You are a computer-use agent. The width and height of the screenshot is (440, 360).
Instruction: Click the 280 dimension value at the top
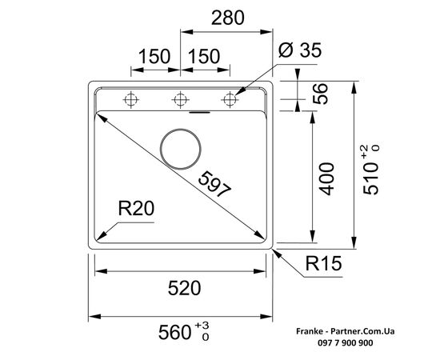(x=227, y=18)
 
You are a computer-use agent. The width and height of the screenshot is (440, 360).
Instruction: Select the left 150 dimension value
(x=154, y=56)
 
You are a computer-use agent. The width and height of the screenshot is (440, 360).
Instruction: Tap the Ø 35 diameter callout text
(x=300, y=50)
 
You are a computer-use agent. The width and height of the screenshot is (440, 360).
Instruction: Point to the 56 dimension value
(x=321, y=94)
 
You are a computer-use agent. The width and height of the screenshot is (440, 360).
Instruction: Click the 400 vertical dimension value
(x=326, y=178)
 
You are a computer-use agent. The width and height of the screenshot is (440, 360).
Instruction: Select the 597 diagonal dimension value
(x=215, y=184)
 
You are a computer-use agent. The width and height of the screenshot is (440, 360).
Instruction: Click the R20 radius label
(x=136, y=209)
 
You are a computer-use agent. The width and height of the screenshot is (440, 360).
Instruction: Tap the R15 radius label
(x=323, y=263)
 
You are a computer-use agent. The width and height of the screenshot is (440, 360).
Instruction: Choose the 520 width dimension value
(x=184, y=288)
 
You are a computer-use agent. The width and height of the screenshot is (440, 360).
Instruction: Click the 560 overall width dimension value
(x=175, y=332)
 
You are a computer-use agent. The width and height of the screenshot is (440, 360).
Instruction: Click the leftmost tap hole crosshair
(x=130, y=100)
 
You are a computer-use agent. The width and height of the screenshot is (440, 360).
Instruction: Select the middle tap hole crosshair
(x=180, y=100)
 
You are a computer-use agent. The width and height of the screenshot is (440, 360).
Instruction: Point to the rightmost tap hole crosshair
(x=230, y=100)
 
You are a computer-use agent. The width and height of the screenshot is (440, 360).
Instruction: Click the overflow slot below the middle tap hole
(x=199, y=113)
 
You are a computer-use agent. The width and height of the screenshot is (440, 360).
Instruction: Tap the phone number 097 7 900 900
(x=346, y=343)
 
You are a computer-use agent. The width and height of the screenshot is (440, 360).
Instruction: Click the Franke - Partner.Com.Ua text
(x=346, y=331)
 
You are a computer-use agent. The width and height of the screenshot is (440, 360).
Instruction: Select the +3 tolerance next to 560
(x=202, y=326)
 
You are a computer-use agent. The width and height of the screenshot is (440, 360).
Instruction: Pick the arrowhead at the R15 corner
(x=278, y=254)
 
